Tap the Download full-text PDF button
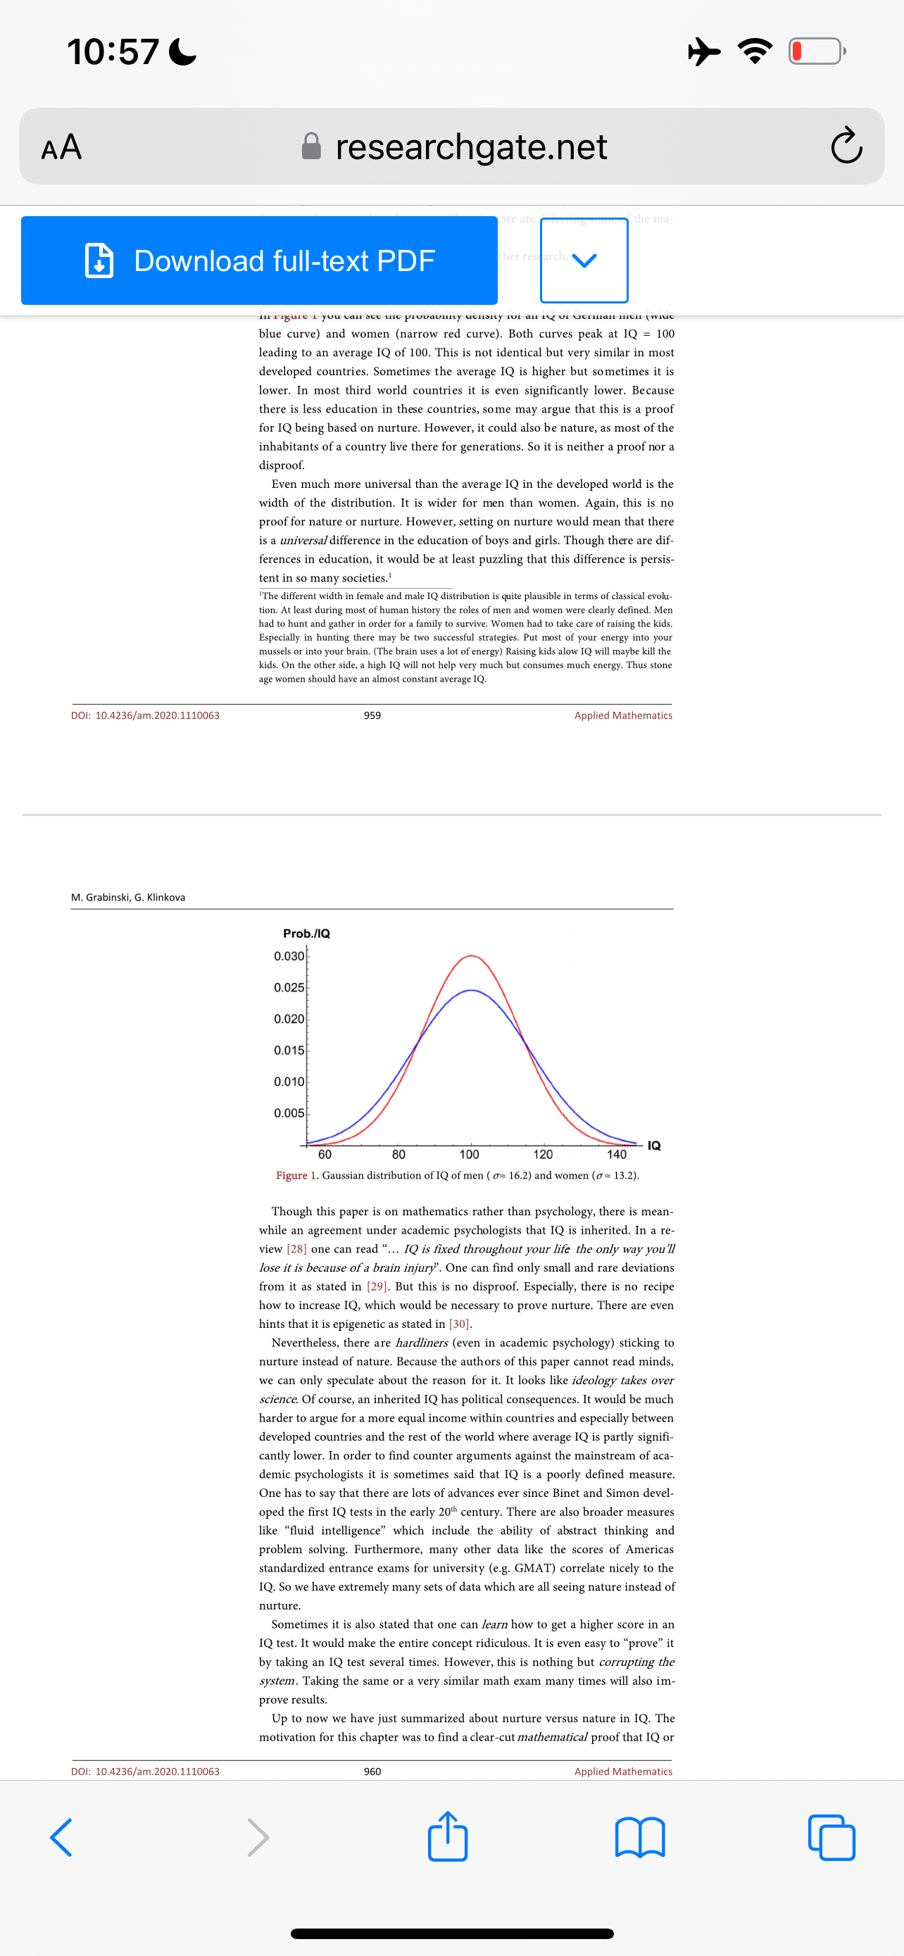tap(259, 261)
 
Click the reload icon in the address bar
tap(846, 146)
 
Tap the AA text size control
tap(61, 146)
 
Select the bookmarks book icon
tap(640, 1837)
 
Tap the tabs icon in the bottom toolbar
tap(831, 1837)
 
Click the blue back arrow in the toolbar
tap(61, 1837)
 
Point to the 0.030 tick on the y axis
tap(289, 956)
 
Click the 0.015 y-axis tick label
tap(289, 1050)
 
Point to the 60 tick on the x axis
tap(325, 1154)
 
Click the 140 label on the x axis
tap(616, 1154)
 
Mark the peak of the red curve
tap(471, 955)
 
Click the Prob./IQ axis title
tap(306, 933)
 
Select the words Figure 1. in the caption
tap(297, 1175)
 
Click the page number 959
tap(372, 715)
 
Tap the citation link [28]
tap(297, 1249)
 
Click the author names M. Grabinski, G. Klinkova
tap(128, 897)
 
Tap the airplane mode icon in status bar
tap(704, 51)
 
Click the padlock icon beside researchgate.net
tap(311, 146)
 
